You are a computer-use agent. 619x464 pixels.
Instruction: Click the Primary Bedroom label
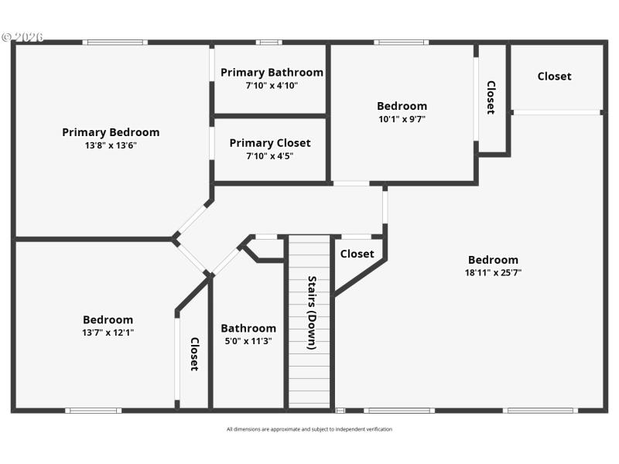111,132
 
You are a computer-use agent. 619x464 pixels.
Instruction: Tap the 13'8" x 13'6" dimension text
111,145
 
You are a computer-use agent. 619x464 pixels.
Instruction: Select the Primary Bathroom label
272,73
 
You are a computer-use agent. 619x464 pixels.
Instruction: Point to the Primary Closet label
270,143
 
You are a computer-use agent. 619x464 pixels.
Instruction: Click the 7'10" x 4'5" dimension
270,156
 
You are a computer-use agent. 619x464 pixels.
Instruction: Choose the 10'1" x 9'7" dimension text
402,119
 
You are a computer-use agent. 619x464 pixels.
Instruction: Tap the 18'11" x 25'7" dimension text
493,273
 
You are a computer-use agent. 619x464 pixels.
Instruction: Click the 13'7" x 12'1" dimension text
108,333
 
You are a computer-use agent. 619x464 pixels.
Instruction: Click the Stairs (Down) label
311,313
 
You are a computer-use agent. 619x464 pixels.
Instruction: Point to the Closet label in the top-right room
554,76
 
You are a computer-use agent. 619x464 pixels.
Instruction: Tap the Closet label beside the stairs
357,254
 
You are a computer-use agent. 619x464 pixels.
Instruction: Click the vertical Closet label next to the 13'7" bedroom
194,353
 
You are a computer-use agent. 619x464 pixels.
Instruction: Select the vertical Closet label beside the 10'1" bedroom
491,97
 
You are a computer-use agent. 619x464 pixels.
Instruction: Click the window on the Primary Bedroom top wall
115,42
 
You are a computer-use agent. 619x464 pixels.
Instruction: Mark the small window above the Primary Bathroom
269,42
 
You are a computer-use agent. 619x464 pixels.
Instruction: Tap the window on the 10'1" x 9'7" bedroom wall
401,42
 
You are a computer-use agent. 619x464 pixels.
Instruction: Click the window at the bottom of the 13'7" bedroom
93,411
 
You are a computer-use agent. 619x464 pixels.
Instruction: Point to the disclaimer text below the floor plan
309,429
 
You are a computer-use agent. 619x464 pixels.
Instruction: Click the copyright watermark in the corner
22,36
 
